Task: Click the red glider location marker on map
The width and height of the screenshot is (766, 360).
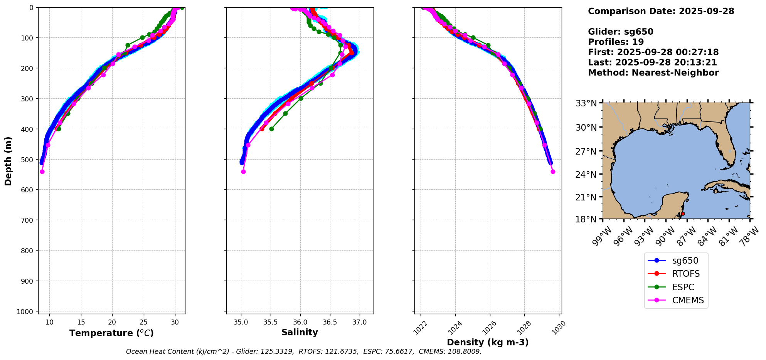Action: (683, 214)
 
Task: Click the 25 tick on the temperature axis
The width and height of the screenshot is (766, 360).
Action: (143, 322)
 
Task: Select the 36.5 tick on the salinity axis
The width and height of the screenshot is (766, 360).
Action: (330, 322)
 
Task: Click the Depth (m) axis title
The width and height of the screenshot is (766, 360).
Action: (8, 161)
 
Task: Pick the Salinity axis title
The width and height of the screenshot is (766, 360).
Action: (300, 333)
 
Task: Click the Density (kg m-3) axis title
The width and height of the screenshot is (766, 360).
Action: (488, 342)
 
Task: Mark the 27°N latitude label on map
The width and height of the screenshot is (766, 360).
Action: (586, 151)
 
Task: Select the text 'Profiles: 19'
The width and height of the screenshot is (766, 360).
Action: (616, 42)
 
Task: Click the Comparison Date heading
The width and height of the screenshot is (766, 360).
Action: (661, 11)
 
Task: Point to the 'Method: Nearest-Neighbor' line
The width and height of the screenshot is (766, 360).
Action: (653, 73)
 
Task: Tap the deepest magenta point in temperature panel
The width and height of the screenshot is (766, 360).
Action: (42, 172)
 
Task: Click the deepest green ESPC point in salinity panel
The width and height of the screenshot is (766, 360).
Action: (271, 129)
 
